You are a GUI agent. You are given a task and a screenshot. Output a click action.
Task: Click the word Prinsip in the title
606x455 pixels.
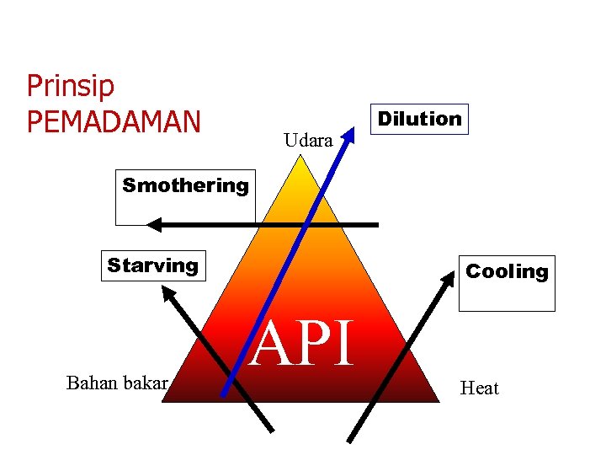71,87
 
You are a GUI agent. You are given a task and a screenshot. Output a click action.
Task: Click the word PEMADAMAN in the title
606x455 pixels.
114,121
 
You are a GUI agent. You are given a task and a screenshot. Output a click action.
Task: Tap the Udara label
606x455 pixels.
308,141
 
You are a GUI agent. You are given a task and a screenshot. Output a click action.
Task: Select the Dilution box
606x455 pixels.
419,119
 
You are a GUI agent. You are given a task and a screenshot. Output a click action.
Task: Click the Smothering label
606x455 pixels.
185,185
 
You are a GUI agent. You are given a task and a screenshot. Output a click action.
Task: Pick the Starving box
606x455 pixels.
152,265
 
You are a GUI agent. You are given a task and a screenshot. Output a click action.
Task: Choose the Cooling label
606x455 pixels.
507,271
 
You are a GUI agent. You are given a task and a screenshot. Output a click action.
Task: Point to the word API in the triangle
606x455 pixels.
305,344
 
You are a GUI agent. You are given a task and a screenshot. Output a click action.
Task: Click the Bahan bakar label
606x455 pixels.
118,384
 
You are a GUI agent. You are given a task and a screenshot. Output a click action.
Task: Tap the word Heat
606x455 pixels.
479,388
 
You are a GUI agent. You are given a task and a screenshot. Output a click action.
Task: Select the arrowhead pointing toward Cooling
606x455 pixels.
447,284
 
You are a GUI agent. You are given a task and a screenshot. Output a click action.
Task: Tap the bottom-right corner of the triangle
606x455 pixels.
438,402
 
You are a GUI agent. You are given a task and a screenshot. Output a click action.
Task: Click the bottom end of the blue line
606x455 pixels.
224,393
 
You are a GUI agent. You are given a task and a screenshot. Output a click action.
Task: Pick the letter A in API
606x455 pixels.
273,345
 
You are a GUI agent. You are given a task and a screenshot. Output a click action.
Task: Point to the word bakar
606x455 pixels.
146,384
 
